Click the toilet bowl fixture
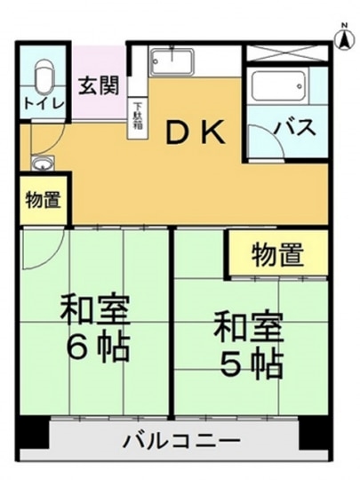click(44, 76)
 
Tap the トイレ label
click(44, 104)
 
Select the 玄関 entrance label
click(99, 85)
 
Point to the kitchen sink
click(173, 62)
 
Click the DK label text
click(196, 132)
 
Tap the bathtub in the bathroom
click(279, 86)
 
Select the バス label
click(295, 127)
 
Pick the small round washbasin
click(43, 163)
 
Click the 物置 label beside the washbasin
click(43, 200)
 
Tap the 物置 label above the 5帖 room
click(277, 254)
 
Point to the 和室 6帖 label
click(95, 327)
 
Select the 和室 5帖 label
click(248, 343)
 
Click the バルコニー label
click(181, 441)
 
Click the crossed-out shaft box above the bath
click(288, 53)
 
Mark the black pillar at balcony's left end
click(33, 433)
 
